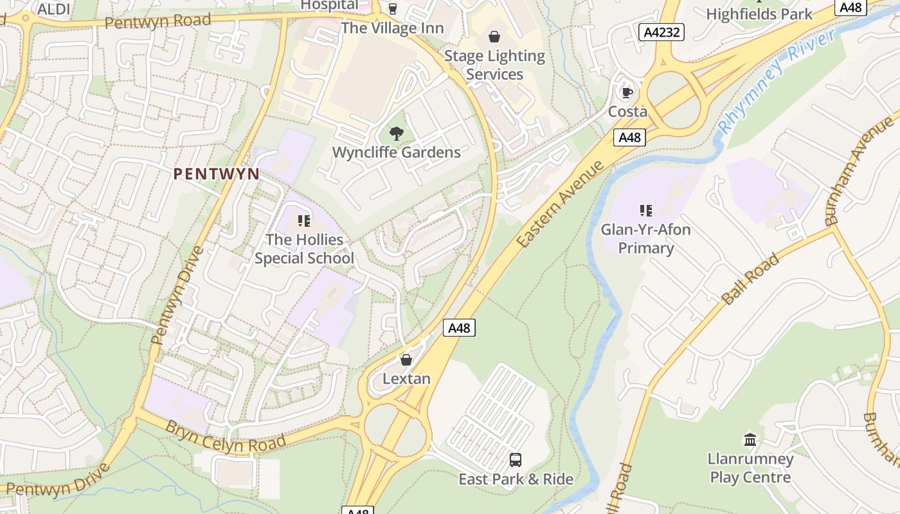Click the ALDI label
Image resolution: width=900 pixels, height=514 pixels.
click(54, 8)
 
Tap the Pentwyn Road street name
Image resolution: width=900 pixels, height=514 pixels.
click(157, 21)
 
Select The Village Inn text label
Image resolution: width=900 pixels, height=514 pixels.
click(392, 28)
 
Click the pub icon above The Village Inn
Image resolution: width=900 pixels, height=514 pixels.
click(392, 8)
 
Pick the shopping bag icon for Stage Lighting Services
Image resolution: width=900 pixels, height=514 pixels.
click(494, 37)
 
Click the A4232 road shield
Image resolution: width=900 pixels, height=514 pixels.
click(661, 32)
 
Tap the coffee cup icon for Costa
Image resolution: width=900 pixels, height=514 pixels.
click(627, 93)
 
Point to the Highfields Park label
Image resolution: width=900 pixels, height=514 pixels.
click(759, 13)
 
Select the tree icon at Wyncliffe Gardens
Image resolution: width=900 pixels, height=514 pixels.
click(397, 133)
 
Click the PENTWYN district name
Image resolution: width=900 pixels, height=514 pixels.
click(217, 173)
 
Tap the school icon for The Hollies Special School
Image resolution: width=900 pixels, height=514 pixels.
click(304, 221)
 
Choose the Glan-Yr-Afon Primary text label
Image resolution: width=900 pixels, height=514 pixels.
click(645, 238)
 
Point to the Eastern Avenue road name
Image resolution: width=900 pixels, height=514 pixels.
click(561, 204)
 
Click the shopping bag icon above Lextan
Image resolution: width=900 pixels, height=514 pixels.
click(406, 360)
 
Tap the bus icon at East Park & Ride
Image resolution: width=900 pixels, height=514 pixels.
click(516, 459)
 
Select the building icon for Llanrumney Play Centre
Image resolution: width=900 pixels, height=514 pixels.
click(750, 439)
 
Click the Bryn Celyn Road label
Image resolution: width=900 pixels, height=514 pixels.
click(226, 436)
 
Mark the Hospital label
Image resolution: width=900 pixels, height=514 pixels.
click(330, 5)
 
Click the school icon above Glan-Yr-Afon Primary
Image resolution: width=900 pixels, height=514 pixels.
click(646, 210)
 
